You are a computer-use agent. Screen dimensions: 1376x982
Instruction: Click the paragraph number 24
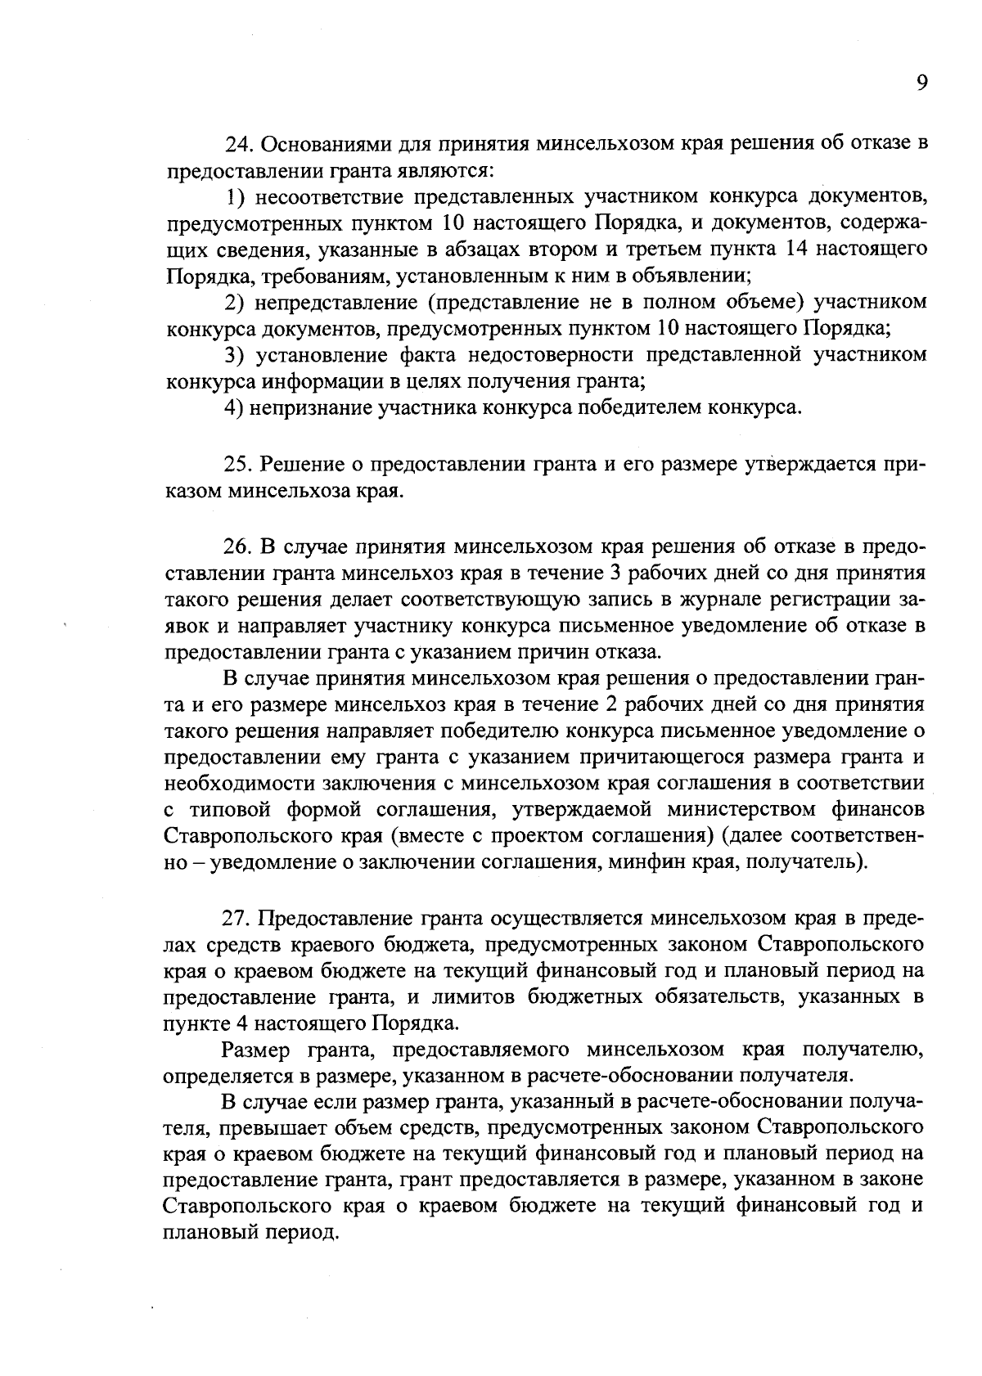pyautogui.click(x=236, y=145)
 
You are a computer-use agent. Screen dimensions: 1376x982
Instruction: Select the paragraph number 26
pyautogui.click(x=237, y=546)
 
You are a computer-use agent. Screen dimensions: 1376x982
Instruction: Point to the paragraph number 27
pyautogui.click(x=237, y=918)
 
